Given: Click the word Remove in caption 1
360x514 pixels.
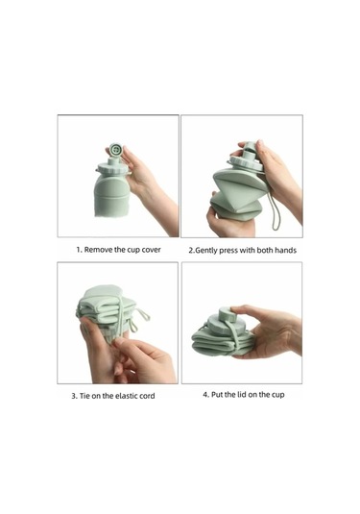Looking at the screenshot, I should (102, 249).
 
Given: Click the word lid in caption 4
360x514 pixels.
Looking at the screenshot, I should (241, 394).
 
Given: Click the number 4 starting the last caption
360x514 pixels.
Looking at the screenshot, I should (205, 394).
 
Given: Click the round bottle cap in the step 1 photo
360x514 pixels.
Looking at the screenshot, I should (116, 151).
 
